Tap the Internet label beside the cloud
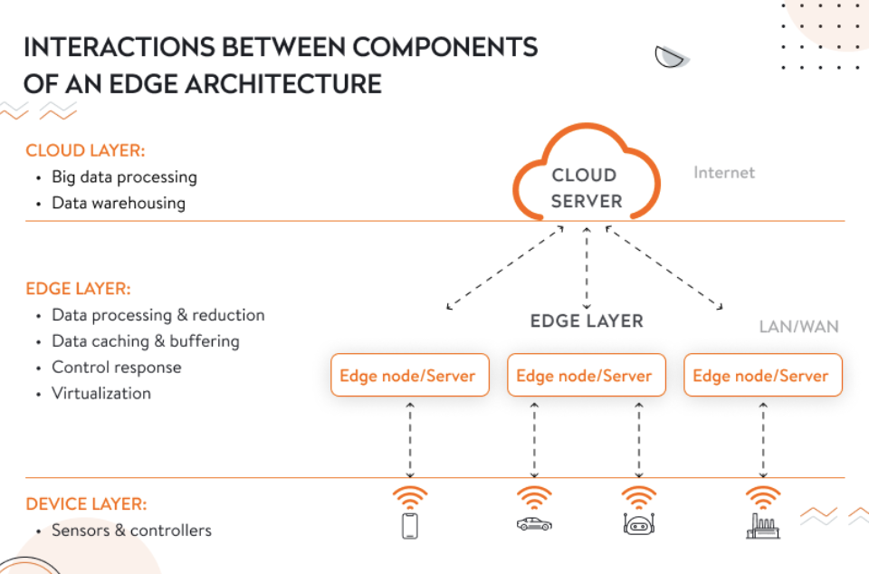pos(723,172)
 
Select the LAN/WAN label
pos(798,326)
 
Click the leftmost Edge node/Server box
pos(409,376)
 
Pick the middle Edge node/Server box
pos(586,376)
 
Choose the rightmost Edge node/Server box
pos(762,376)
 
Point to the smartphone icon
pos(410,526)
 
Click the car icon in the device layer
pos(533,524)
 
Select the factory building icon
pos(762,526)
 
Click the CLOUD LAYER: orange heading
pos(85,150)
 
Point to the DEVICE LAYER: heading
pos(86,503)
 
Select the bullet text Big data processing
pos(124,177)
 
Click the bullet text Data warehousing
pos(119,203)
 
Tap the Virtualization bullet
pos(101,393)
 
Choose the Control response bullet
pos(117,367)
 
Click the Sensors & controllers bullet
pos(131,530)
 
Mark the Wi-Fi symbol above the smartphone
pos(410,497)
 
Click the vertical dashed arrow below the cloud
pos(587,268)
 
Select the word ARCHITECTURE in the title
pos(268,83)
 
